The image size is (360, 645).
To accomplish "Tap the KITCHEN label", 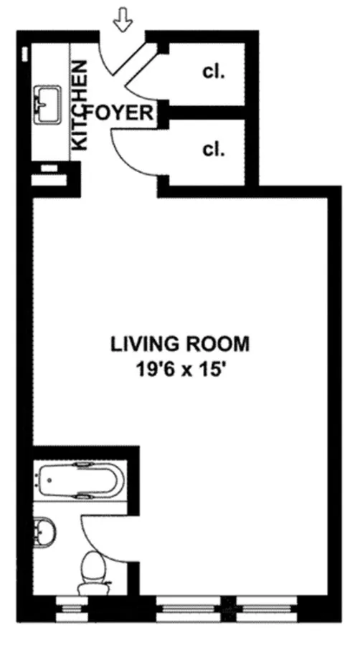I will pyautogui.click(x=80, y=105).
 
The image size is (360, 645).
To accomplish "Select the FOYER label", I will pyautogui.click(x=120, y=113).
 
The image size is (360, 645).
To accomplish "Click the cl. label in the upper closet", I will pyautogui.click(x=213, y=72).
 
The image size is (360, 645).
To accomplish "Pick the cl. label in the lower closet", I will pyautogui.click(x=213, y=150).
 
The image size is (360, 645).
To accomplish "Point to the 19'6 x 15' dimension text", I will pyautogui.click(x=180, y=371).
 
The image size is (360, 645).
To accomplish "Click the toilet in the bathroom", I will pyautogui.click(x=94, y=565).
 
